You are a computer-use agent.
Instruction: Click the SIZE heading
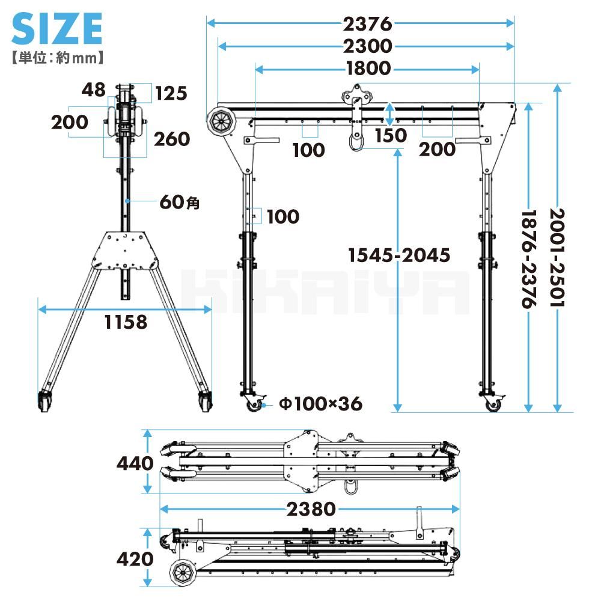coord(57,28)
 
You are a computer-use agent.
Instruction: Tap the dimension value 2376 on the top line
coord(367,24)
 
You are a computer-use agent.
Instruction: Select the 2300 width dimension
coord(367,46)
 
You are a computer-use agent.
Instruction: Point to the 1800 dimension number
coord(368,69)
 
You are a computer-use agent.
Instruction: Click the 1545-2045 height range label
coord(399,255)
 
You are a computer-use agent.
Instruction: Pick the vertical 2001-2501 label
coord(557,257)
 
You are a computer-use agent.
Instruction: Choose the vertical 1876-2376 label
coord(529,258)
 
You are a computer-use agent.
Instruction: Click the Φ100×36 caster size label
coord(320,404)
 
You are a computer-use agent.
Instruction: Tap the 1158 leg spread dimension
coord(126,322)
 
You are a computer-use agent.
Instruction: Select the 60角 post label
coord(179,202)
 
